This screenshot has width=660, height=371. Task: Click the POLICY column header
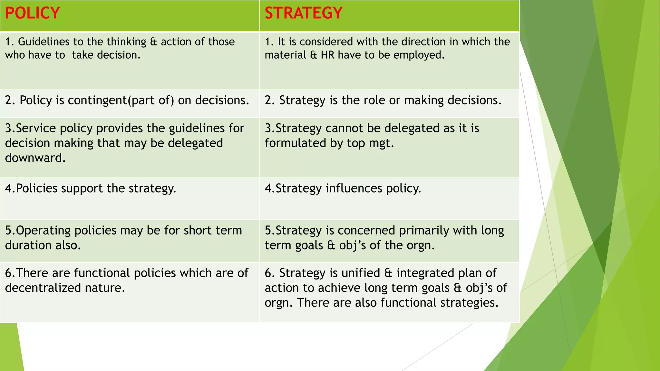coord(33,13)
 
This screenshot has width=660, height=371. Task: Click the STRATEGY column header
coord(303,13)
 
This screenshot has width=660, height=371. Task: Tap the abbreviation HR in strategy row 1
coord(327,55)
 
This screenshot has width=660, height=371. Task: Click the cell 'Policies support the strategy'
coord(91,188)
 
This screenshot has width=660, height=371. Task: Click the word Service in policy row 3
coord(36,128)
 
